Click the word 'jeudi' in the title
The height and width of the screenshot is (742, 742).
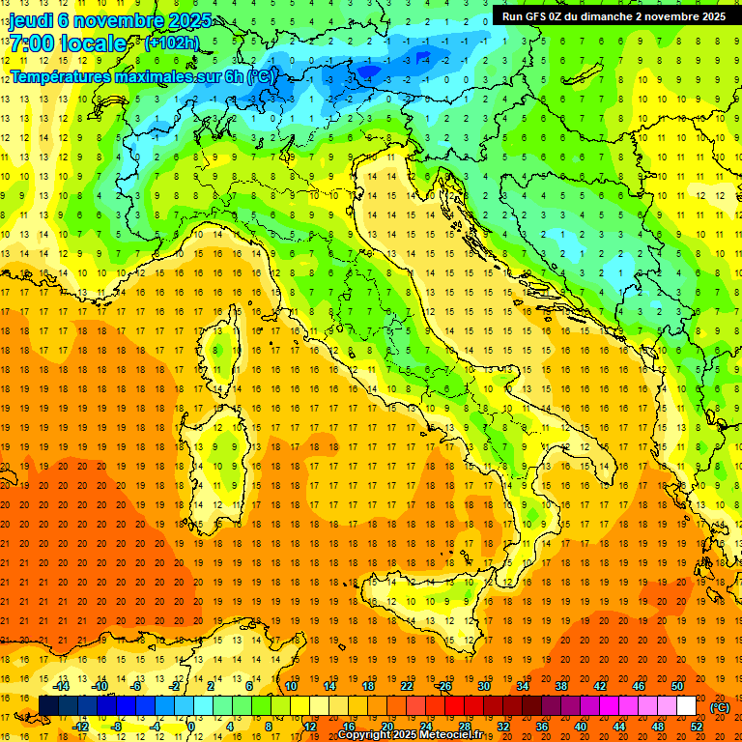pyautogui.click(x=31, y=20)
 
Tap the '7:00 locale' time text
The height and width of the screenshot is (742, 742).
pyautogui.click(x=68, y=43)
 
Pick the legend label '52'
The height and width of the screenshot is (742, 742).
pyautogui.click(x=697, y=727)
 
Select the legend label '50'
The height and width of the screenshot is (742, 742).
pyautogui.click(x=677, y=686)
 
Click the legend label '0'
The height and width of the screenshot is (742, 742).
pyautogui.click(x=191, y=727)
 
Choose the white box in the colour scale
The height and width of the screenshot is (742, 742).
pyautogui.click(x=687, y=706)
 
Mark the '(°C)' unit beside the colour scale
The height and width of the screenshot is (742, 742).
pyautogui.click(x=720, y=707)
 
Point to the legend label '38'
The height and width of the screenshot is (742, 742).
pyautogui.click(x=560, y=686)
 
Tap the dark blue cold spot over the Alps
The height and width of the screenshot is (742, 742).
pyautogui.click(x=368, y=70)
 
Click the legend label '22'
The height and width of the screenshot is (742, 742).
pyautogui.click(x=406, y=686)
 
